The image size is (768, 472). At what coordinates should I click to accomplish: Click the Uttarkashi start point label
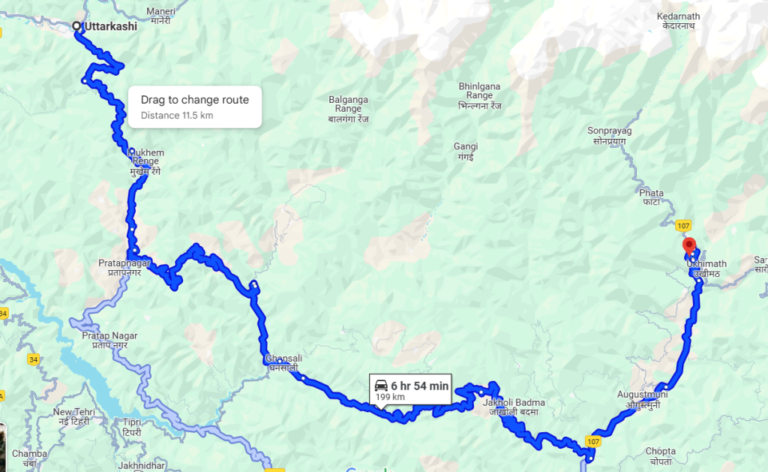click(x=110, y=26)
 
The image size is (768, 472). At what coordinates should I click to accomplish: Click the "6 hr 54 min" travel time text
click(x=419, y=386)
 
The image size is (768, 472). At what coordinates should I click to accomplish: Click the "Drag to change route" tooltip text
click(x=194, y=100)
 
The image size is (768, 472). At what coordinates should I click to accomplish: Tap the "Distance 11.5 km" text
click(x=176, y=116)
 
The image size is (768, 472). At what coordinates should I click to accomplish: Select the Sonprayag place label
click(x=609, y=131)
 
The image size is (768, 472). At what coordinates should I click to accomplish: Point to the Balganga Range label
click(x=348, y=99)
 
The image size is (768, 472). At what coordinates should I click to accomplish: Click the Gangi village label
click(x=466, y=146)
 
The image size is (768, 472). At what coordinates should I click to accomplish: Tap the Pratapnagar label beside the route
click(x=124, y=263)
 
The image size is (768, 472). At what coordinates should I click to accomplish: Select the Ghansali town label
click(x=283, y=359)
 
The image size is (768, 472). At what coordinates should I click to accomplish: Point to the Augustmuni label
click(x=640, y=393)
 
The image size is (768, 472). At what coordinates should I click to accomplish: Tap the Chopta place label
click(x=660, y=451)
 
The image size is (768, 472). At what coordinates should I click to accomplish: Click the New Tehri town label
click(x=73, y=413)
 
